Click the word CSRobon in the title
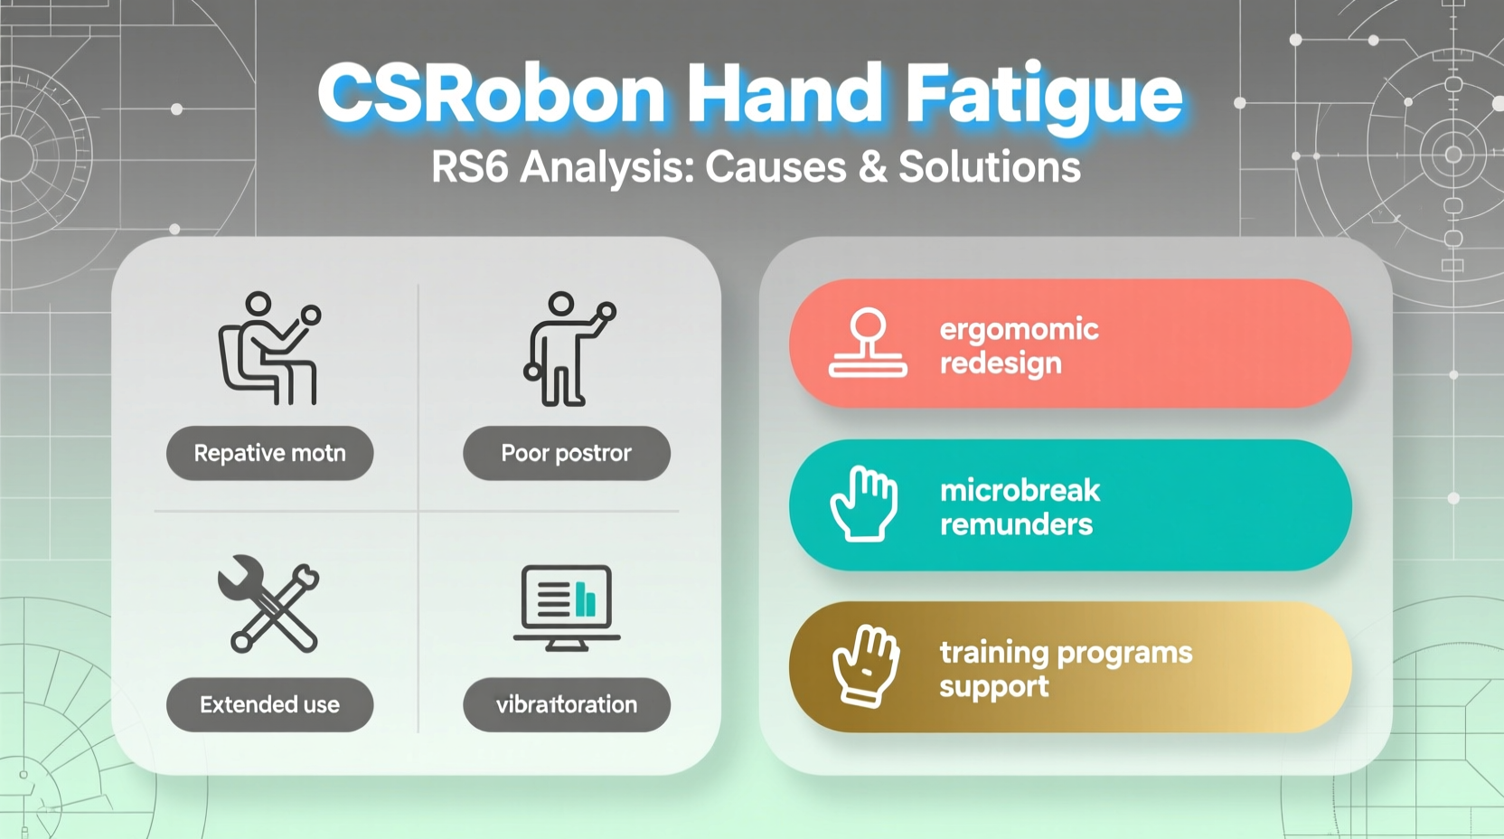click(x=491, y=95)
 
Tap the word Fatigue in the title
click(x=1044, y=95)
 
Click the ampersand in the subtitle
click(x=873, y=167)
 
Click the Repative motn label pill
click(x=269, y=453)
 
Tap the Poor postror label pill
click(x=567, y=453)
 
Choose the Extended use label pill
click(x=269, y=704)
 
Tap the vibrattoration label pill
click(x=567, y=704)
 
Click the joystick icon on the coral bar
click(x=868, y=344)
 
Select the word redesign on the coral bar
click(x=1001, y=363)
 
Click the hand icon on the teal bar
click(x=863, y=504)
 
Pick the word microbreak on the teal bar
click(x=1020, y=490)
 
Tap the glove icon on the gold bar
click(x=865, y=665)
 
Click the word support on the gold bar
click(x=993, y=686)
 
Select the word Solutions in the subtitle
click(x=989, y=167)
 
